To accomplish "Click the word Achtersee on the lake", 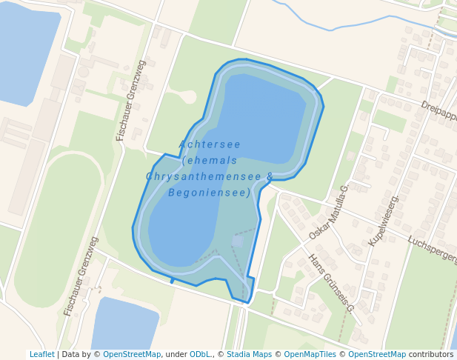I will tap(210, 144).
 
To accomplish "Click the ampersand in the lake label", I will tap(270, 176).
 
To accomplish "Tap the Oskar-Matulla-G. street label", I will tap(329, 212).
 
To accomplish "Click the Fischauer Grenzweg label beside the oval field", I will tap(81, 276).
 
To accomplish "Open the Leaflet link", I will tap(41, 355).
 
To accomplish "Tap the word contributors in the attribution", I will tap(431, 355).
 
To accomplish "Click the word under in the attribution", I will tap(176, 355).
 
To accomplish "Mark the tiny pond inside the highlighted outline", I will tap(237, 241).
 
